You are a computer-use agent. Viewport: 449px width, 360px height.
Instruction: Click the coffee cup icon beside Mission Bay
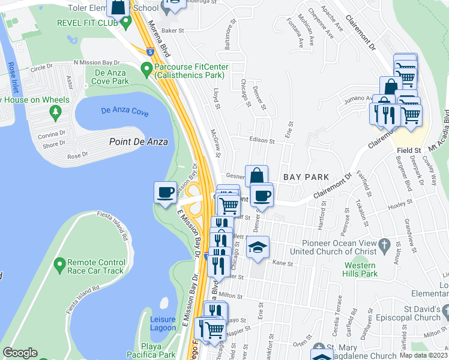click(x=166, y=193)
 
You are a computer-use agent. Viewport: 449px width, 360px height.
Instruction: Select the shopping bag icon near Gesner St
click(x=256, y=176)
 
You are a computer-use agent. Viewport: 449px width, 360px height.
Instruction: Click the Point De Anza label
click(x=139, y=142)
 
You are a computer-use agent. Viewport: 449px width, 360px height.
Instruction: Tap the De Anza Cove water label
click(x=125, y=110)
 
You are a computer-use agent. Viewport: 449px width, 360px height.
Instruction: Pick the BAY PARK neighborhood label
click(x=306, y=177)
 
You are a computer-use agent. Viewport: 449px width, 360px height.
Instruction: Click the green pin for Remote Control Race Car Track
click(x=59, y=264)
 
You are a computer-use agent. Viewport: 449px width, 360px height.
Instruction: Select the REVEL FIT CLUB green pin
click(x=125, y=23)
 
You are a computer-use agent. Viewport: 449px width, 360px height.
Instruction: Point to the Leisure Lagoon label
click(x=163, y=324)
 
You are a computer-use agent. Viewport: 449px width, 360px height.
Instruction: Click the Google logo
click(x=20, y=353)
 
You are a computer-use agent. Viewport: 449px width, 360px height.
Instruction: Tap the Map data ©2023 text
click(x=423, y=355)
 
